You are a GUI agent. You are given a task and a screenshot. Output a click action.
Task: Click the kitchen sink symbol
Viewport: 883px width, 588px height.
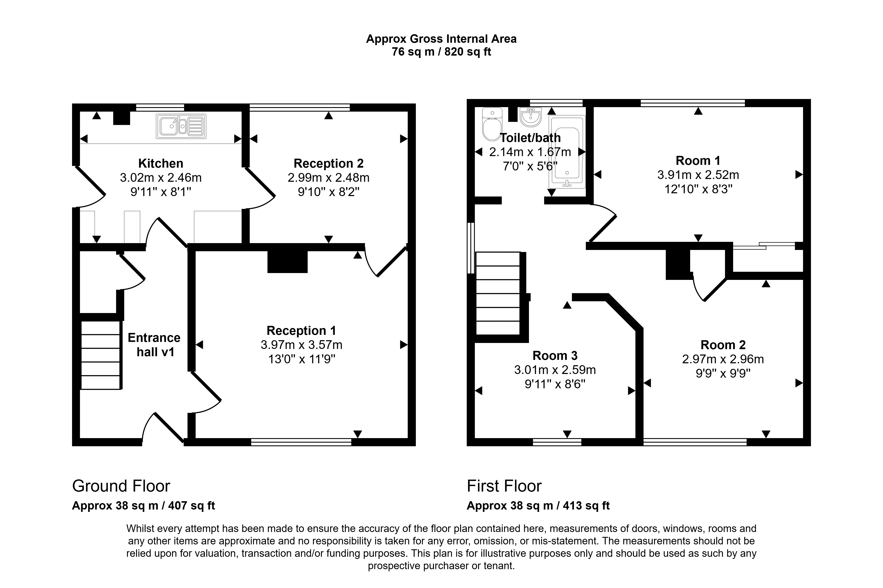click(181, 126)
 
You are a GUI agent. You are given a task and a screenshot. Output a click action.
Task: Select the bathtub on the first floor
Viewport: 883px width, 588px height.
click(567, 152)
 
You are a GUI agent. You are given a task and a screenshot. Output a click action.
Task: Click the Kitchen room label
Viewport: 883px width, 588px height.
click(161, 164)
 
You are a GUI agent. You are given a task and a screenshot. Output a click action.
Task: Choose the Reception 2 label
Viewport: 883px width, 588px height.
click(328, 164)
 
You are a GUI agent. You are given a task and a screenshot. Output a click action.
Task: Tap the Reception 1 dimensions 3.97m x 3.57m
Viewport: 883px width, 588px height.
click(301, 345)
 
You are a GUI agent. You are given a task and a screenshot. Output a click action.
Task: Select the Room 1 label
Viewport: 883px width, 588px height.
click(698, 161)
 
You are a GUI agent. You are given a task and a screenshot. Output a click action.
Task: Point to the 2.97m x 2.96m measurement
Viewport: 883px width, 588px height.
click(723, 359)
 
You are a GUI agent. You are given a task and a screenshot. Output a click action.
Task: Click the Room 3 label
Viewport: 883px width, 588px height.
click(555, 356)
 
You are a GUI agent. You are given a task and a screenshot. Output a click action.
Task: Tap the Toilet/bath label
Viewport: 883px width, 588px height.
click(530, 138)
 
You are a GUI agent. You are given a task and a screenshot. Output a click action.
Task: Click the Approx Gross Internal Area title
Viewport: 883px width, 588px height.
click(441, 39)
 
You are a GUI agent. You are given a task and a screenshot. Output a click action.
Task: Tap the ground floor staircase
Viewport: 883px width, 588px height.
click(101, 355)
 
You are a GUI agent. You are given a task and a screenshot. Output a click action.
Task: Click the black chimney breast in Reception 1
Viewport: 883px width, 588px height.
click(287, 261)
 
